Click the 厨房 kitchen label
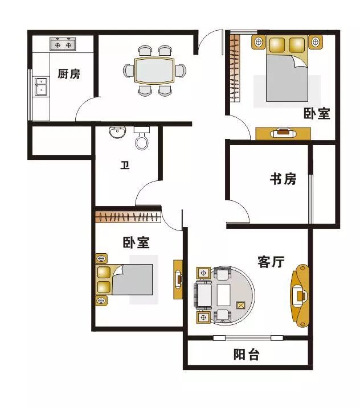(68, 74)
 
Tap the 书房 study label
(283, 179)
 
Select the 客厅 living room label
(271, 262)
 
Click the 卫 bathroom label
(124, 166)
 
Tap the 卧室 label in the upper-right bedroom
(317, 113)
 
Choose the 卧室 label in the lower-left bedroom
(136, 243)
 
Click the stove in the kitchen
(63, 43)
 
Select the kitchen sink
(40, 87)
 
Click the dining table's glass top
(155, 71)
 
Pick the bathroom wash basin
(118, 133)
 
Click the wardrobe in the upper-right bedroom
(234, 68)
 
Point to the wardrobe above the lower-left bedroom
(128, 216)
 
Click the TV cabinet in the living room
(300, 295)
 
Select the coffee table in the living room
(223, 295)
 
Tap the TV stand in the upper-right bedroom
(283, 133)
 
